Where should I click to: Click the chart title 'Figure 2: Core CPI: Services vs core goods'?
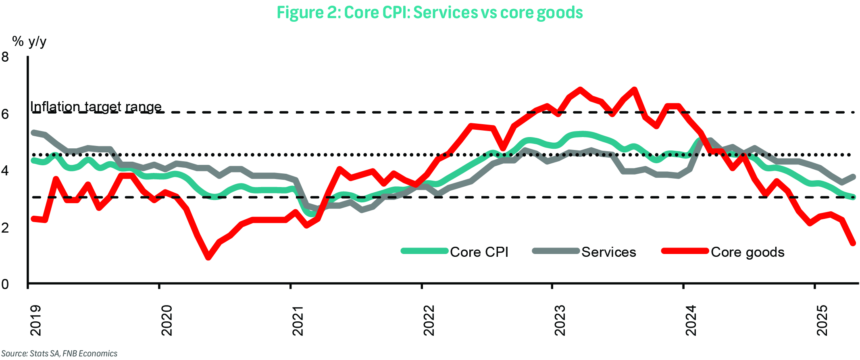(429, 12)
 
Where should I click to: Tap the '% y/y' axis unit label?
(29, 41)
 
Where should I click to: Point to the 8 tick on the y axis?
(5, 57)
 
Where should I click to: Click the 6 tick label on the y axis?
(5, 114)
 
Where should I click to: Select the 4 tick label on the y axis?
(5, 171)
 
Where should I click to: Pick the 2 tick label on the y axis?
(5, 228)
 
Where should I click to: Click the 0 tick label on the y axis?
(5, 285)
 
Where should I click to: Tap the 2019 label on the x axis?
(36, 320)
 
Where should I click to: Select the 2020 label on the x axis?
(167, 320)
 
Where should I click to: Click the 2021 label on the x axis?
(298, 320)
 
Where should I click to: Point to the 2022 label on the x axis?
(429, 320)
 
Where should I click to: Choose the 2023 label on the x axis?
(560, 320)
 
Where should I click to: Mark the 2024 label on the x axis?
(691, 320)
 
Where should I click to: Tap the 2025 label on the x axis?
(822, 320)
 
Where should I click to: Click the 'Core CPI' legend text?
(479, 252)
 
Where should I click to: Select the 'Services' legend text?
(608, 252)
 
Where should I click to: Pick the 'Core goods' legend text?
(748, 252)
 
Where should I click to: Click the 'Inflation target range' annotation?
(96, 106)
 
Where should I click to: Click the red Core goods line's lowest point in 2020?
(208, 257)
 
